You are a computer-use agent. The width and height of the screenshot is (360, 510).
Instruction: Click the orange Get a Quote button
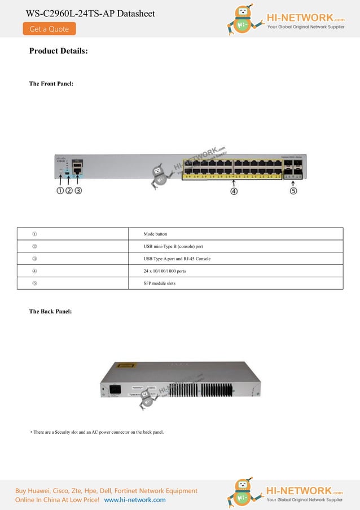[x=49, y=29]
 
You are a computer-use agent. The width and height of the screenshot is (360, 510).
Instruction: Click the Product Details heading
[x=58, y=51]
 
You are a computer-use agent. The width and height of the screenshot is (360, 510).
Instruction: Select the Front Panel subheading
[x=51, y=84]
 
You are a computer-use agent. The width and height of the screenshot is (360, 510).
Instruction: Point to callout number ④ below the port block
[x=234, y=191]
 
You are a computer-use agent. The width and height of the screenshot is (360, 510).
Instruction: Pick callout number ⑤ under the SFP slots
[x=293, y=191]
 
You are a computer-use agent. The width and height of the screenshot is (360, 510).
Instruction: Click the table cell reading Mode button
[x=156, y=234]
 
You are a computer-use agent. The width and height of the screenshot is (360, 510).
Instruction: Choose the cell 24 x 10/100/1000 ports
[x=165, y=271]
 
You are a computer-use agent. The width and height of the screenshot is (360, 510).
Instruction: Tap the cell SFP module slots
[x=160, y=283]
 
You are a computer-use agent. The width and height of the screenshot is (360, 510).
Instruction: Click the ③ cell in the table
[x=34, y=259]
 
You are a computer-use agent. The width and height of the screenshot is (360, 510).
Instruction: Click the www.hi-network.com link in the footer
[x=135, y=500]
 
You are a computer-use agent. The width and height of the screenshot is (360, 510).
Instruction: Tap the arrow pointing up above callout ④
[x=234, y=182]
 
